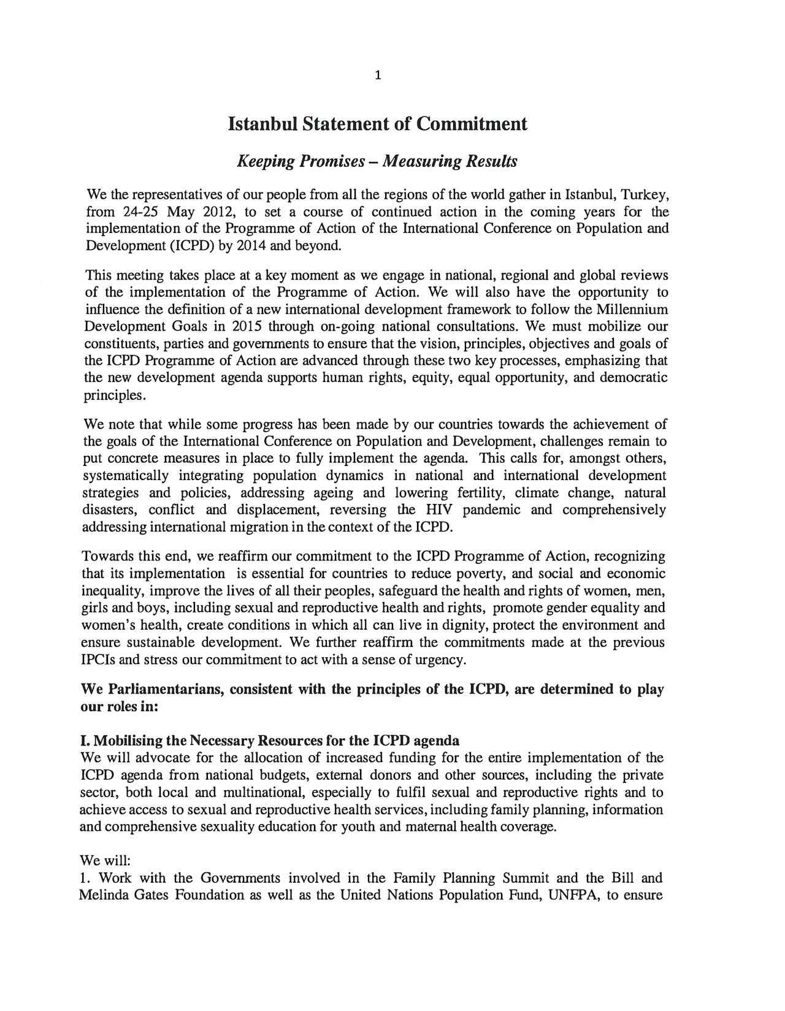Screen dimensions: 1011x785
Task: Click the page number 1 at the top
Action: pos(377,76)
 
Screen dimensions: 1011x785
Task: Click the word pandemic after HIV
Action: pos(491,510)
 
